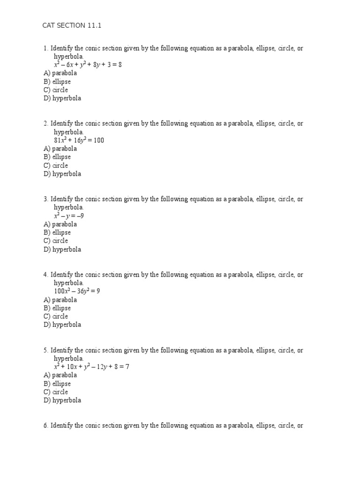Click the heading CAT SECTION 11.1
[72, 25]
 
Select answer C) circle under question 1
[56, 90]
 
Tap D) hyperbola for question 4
[62, 324]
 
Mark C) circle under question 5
[56, 392]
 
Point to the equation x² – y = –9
[69, 216]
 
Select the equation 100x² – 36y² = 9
[77, 291]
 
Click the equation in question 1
[88, 65]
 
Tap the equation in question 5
[91, 367]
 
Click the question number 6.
[45, 426]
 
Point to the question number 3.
[45, 199]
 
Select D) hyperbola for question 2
[62, 174]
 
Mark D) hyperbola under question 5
[62, 400]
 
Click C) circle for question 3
[56, 241]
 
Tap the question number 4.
[45, 275]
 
